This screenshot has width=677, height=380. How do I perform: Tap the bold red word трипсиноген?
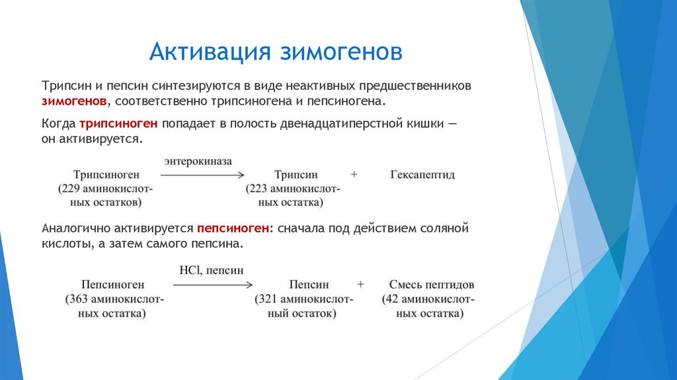[118, 124]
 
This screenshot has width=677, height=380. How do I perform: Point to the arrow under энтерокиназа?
[202, 174]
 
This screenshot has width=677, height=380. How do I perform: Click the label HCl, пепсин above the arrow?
[211, 271]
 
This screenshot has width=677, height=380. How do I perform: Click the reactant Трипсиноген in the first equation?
[106, 175]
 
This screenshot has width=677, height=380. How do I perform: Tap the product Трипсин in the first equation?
[296, 175]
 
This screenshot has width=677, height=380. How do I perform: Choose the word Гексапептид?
[422, 175]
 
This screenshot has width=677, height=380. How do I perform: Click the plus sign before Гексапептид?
[354, 174]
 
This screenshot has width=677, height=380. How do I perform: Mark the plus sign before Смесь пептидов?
[360, 284]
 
